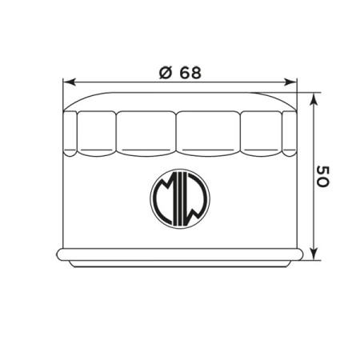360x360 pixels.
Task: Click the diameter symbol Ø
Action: [165, 73]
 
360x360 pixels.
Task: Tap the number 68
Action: [190, 73]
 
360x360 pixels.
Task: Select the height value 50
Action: [322, 177]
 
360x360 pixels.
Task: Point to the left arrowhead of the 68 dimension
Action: [70, 82]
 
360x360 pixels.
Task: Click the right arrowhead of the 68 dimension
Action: [290, 82]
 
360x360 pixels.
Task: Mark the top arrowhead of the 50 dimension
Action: [314, 100]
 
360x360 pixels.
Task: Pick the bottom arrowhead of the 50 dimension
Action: [314, 253]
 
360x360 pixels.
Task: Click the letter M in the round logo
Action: [162, 198]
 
